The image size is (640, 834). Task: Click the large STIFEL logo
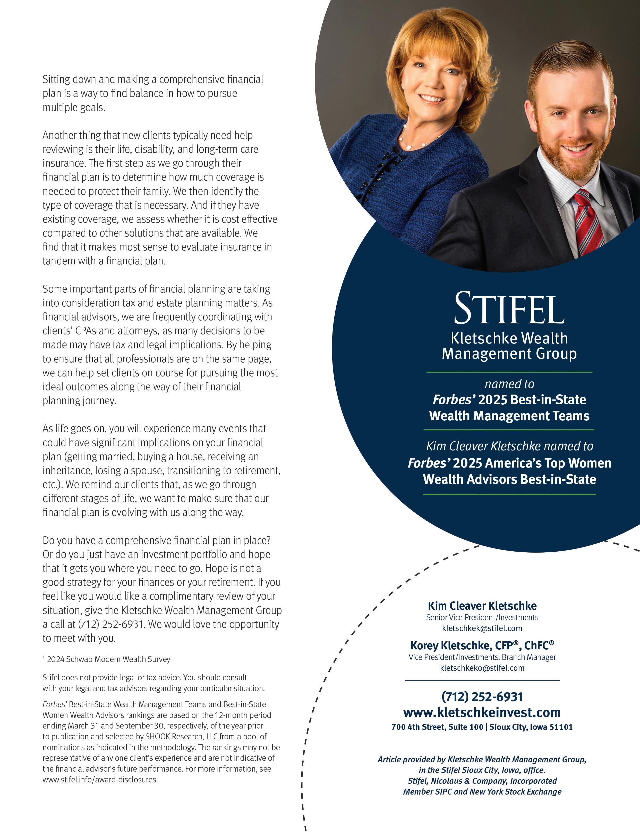pyautogui.click(x=509, y=308)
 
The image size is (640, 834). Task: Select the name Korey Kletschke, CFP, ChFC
pyautogui.click(x=482, y=645)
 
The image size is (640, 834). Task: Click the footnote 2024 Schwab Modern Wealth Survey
pyautogui.click(x=108, y=659)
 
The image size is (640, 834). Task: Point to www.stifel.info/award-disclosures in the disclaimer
pyautogui.click(x=100, y=780)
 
